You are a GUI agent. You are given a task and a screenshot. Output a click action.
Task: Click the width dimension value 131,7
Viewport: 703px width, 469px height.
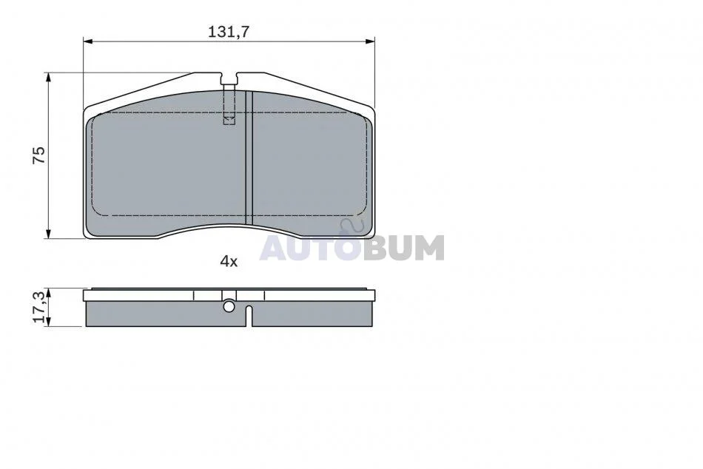click(228, 32)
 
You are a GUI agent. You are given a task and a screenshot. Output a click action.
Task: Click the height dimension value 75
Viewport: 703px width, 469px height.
click(39, 155)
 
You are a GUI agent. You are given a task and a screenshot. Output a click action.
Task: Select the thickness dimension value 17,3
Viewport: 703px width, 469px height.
click(39, 307)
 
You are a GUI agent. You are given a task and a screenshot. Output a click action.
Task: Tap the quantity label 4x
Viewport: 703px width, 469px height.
click(229, 261)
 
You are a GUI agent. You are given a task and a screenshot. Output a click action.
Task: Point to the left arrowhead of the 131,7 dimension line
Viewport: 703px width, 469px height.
click(88, 41)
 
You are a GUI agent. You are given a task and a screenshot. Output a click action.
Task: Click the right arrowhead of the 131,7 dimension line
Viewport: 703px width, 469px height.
click(370, 41)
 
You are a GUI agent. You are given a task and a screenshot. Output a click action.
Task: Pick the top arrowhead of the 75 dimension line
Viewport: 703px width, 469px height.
click(48, 77)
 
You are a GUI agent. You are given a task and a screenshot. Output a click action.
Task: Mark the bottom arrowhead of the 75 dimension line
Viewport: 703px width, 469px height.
click(48, 234)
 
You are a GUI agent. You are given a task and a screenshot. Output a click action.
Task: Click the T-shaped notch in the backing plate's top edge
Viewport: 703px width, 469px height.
click(229, 79)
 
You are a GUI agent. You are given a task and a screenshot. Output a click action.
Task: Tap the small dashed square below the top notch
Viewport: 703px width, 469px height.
click(229, 119)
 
